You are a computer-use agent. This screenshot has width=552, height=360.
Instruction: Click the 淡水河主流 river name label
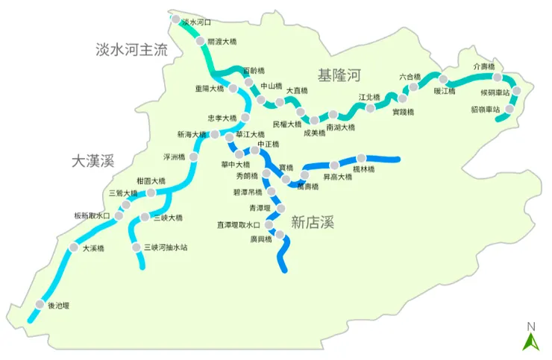point(132,50)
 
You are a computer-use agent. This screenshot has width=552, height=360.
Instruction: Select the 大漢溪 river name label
point(92,160)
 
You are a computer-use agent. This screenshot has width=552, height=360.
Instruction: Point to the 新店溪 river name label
point(312,221)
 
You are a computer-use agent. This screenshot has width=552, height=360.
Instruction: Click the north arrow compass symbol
point(531,338)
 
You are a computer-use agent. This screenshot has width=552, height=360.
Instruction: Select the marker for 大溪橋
point(74,247)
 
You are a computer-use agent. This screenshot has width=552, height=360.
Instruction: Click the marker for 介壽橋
point(497,77)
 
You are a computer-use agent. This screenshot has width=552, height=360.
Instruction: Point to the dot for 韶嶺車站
point(509,109)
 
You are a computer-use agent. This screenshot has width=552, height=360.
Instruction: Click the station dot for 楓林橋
point(362,158)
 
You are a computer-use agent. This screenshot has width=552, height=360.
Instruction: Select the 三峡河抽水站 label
point(165,247)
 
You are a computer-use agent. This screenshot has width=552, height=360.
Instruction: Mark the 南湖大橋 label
point(340,127)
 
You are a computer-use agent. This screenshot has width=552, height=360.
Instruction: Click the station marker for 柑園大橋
point(151,192)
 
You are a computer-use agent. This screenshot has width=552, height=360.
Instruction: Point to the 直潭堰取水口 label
point(239,224)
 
